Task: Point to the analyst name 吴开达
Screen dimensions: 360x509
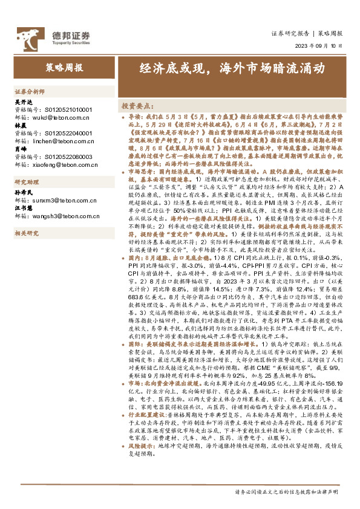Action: [23, 103]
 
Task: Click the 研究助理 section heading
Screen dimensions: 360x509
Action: [27, 182]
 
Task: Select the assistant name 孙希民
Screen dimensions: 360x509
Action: [23, 191]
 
